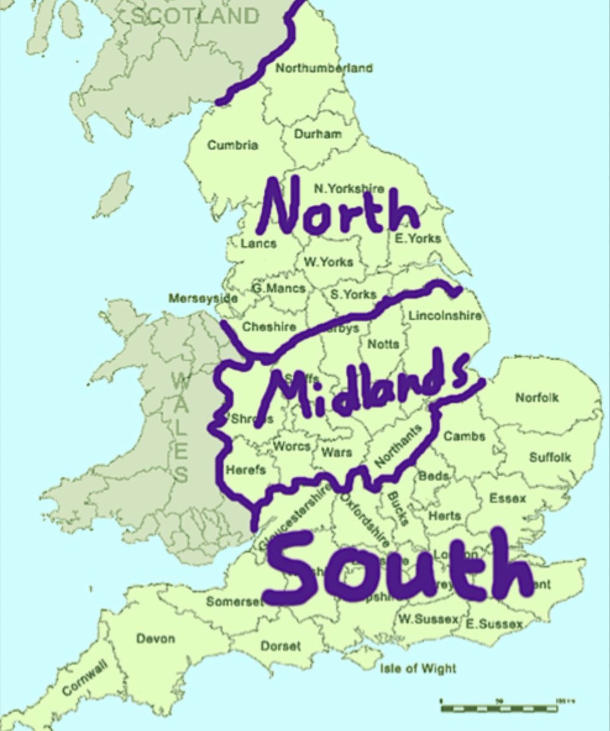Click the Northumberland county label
324,68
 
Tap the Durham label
317,134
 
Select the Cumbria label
232,146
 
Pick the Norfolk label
537,398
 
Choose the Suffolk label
550,457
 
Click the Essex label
507,499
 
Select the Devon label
155,639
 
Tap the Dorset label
280,646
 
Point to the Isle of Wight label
417,669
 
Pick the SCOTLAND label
195,16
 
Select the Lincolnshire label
445,316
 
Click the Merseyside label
203,298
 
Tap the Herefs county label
245,470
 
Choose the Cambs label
464,436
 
